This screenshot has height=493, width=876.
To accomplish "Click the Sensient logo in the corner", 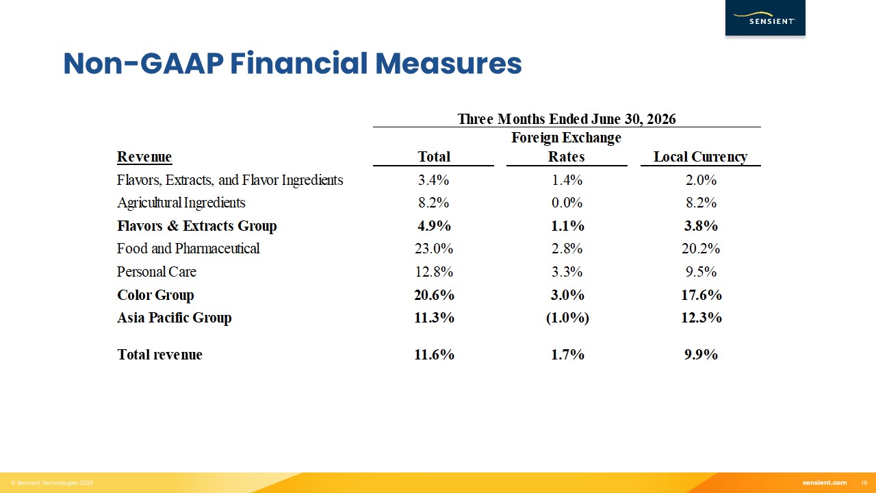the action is pyautogui.click(x=765, y=18).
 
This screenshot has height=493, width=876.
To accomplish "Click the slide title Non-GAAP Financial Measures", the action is pyautogui.click(x=292, y=64).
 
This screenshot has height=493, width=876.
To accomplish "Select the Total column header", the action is pyautogui.click(x=434, y=157).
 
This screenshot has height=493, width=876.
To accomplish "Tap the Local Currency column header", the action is pyautogui.click(x=700, y=157).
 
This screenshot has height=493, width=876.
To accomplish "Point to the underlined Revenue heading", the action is pyautogui.click(x=144, y=157).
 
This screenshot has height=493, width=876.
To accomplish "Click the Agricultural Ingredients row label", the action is pyautogui.click(x=181, y=203).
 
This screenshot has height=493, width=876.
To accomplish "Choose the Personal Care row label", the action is pyautogui.click(x=157, y=272).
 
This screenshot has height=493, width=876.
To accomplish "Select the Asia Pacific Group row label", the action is pyautogui.click(x=175, y=317).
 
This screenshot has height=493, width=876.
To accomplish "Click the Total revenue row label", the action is pyautogui.click(x=160, y=355).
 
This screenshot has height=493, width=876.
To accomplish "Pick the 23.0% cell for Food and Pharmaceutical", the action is pyautogui.click(x=434, y=249).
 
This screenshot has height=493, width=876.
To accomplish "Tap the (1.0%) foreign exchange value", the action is pyautogui.click(x=567, y=318).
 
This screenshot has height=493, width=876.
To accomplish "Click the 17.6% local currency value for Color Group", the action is pyautogui.click(x=701, y=294).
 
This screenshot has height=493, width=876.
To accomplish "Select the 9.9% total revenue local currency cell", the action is pyautogui.click(x=701, y=355).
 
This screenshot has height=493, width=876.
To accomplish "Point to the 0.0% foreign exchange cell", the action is pyautogui.click(x=567, y=203).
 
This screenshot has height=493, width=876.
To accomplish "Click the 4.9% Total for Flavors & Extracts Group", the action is pyautogui.click(x=434, y=226).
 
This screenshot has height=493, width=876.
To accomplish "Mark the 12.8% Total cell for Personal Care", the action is pyautogui.click(x=434, y=272).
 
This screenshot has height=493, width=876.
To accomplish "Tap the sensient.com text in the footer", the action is pyautogui.click(x=825, y=483).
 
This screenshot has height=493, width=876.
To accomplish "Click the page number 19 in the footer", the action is pyautogui.click(x=864, y=483).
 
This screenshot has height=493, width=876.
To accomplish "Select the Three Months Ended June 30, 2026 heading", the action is pyautogui.click(x=567, y=119).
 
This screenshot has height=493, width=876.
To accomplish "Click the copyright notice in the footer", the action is pyautogui.click(x=52, y=483).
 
